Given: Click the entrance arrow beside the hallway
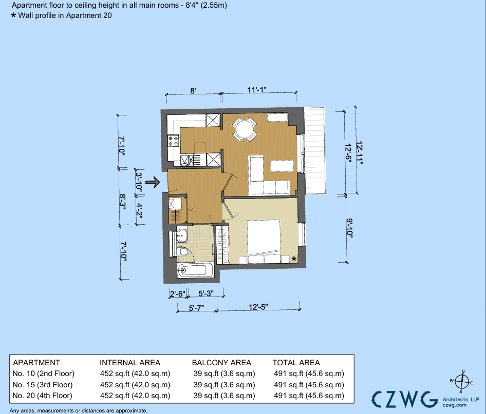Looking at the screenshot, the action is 153,182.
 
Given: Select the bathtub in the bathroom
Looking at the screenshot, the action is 195,270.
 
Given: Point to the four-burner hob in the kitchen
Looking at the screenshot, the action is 173,141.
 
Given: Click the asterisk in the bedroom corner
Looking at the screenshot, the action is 293,259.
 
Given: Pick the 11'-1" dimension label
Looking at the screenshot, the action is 257,90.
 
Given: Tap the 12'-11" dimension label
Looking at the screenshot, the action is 359,153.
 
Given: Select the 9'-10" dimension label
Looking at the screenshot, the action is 350,228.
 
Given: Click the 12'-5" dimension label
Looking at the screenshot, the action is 258,307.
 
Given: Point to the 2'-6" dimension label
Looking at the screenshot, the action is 178,293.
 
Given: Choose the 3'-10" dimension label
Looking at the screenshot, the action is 139,182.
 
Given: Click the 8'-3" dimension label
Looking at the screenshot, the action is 122,202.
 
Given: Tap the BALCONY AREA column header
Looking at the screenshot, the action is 221,363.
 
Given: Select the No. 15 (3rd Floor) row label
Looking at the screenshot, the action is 43,385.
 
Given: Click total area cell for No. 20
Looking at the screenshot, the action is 309,396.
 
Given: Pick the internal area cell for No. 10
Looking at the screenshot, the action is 135,373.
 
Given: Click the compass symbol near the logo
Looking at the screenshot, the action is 462,382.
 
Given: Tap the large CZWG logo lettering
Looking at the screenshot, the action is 404,399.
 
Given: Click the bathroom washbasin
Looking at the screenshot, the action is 182,235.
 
